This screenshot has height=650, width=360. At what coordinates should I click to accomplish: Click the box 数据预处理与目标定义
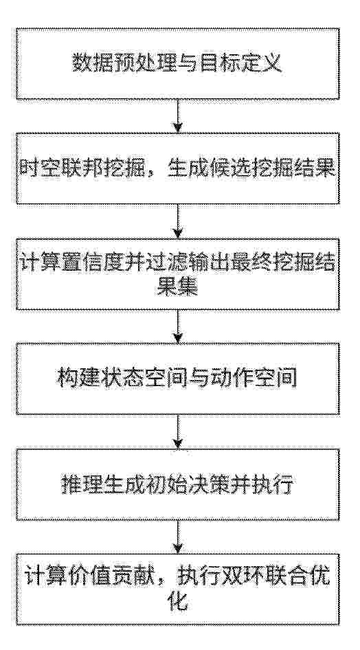(x=178, y=63)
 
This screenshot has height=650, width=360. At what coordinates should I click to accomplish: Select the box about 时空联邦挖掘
(x=178, y=168)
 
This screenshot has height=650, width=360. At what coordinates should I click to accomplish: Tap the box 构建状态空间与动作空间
(x=178, y=379)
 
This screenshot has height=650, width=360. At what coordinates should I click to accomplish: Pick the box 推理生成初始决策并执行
(x=178, y=484)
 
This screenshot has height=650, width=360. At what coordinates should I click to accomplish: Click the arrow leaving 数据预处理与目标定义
(x=178, y=117)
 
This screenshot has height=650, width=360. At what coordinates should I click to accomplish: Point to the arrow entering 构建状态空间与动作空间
(x=178, y=326)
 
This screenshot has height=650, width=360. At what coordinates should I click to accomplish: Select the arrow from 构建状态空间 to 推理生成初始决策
(x=178, y=432)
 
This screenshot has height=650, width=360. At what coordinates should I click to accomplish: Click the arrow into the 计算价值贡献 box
(x=178, y=537)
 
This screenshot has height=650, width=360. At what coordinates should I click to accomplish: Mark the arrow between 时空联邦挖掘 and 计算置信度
(x=178, y=221)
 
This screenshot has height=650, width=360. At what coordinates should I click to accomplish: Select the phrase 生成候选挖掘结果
(x=251, y=169)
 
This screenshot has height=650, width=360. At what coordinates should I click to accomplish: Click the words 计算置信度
(x=73, y=264)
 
